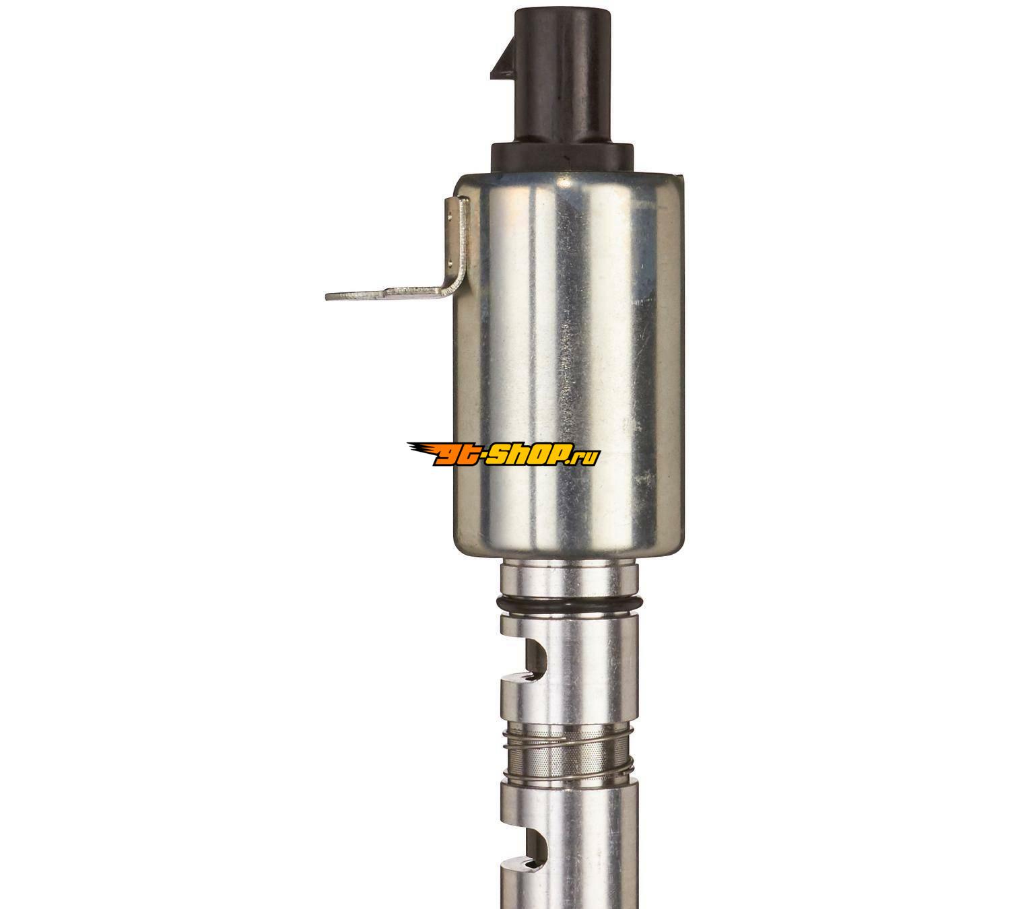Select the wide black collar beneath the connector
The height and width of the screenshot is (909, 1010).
pyautogui.click(x=562, y=159)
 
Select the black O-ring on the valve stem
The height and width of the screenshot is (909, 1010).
pyautogui.click(x=570, y=604)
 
